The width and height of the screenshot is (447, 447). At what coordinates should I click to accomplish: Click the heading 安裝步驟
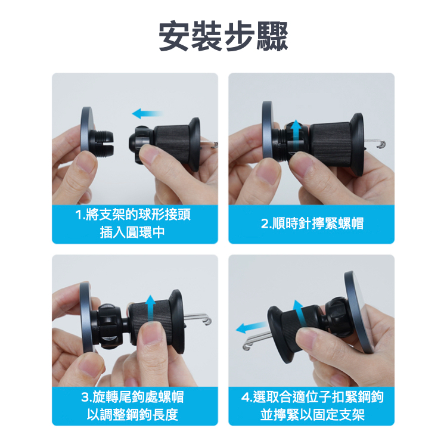223,36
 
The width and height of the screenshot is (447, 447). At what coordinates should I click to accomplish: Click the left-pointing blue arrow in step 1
147,113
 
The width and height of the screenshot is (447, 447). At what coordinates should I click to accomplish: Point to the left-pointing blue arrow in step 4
252,327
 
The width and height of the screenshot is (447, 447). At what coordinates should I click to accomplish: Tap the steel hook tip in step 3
207,322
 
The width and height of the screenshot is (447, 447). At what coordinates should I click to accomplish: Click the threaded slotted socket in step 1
103,142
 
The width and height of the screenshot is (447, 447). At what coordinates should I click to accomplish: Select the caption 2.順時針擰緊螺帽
312,223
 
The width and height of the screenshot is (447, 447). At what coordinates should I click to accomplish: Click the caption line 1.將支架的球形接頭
133,215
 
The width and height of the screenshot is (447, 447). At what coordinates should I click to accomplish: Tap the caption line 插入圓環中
132,232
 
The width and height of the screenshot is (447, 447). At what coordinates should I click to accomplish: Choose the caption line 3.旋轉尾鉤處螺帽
132,397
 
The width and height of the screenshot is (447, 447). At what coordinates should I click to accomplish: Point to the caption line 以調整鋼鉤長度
132,414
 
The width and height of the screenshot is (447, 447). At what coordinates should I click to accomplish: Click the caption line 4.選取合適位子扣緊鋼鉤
312,397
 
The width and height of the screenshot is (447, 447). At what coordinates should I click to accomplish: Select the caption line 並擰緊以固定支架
312,414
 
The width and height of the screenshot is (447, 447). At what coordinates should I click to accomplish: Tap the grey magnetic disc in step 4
358,312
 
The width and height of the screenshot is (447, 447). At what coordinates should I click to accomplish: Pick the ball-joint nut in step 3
107,326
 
